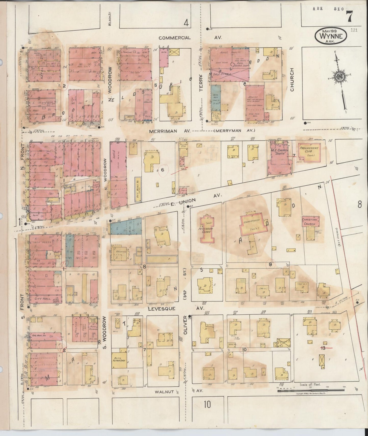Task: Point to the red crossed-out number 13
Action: (323, 347)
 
